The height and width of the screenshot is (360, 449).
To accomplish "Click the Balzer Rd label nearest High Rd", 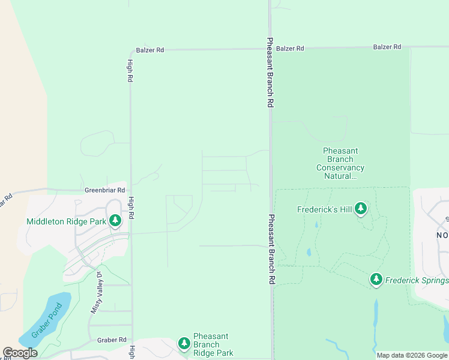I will [149, 50].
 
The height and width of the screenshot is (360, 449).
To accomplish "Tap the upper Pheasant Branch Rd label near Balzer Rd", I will [271, 73].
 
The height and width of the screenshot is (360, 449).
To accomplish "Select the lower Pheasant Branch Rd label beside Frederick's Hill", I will [271, 249].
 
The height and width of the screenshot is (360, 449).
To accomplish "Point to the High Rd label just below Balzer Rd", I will [130, 71].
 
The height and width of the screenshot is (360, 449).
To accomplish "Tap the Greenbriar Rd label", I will [104, 190].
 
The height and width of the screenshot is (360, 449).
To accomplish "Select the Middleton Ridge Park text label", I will [66, 221].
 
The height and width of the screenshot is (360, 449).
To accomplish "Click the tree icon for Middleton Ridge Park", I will [115, 221].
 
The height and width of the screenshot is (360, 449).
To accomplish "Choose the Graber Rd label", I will [112, 340].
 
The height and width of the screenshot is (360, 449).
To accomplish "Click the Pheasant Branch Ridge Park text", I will [213, 345].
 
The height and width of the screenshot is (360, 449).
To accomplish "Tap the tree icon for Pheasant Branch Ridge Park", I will [184, 344].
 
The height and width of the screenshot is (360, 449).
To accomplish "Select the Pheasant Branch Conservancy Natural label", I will [340, 164].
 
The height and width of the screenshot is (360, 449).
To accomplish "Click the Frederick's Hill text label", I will [325, 209].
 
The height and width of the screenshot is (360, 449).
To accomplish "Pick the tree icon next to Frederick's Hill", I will [360, 209].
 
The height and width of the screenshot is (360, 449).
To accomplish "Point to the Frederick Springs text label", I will [417, 280].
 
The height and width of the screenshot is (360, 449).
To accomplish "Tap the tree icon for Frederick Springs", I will [376, 280].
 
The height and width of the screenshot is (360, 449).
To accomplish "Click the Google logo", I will [20, 353].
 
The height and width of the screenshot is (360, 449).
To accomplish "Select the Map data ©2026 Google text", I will [411, 355].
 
